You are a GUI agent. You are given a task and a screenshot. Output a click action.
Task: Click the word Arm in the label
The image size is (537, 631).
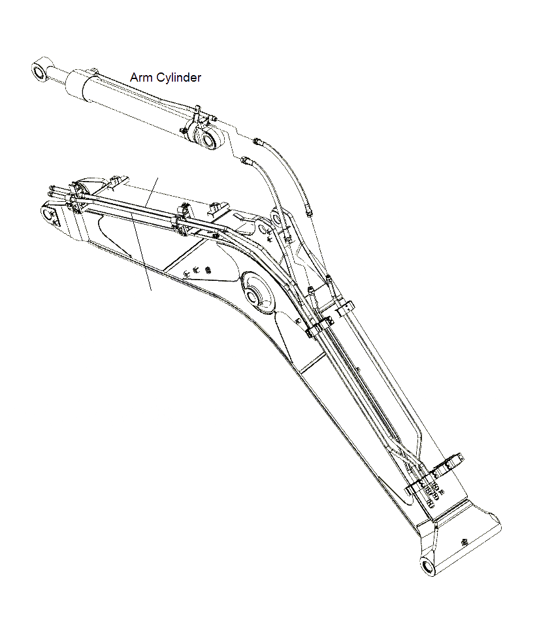click(x=140, y=77)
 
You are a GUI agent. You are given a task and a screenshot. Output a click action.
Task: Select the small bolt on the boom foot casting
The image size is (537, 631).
click(x=464, y=540)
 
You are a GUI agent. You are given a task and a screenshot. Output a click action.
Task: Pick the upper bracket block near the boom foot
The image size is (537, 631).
click(x=448, y=464)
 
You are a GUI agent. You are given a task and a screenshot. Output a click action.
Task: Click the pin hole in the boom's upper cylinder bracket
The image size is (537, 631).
click(x=264, y=230)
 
